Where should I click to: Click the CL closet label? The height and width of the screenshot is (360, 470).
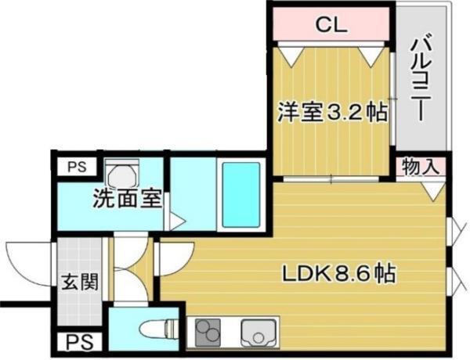point(331,24)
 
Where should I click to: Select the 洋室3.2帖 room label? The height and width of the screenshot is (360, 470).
point(331,112)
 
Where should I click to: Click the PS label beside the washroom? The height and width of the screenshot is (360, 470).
point(75,167)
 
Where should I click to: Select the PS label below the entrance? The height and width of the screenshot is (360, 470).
point(76,342)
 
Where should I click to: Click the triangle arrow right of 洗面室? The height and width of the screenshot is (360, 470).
point(178,221)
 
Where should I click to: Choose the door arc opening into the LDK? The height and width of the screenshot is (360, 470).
point(176,257)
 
